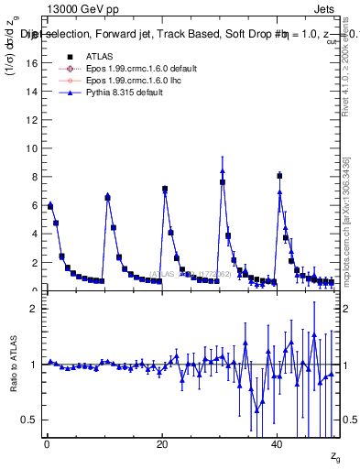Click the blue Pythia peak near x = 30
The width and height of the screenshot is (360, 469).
pos(223,158)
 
